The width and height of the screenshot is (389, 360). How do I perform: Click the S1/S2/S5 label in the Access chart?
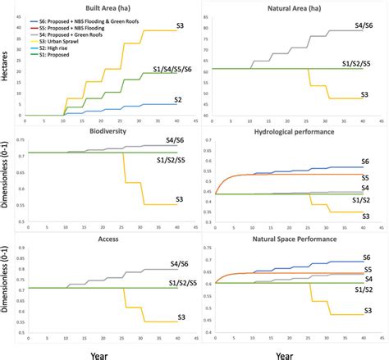pos(174,283)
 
